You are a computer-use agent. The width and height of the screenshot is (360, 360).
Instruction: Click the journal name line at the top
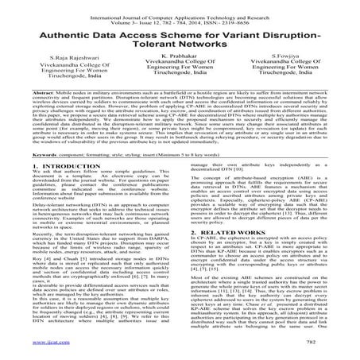180,6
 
